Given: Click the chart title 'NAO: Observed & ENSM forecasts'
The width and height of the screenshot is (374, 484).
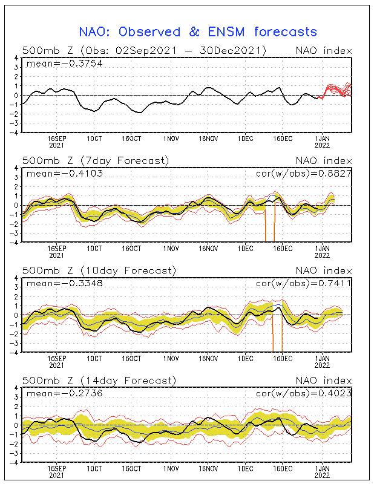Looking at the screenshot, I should click(198, 31).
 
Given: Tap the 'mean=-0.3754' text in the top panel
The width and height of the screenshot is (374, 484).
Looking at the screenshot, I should click(56, 64).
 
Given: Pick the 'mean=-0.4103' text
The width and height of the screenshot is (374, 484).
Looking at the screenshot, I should click(56, 174).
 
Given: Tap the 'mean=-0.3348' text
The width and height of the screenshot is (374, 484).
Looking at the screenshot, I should click(56, 283).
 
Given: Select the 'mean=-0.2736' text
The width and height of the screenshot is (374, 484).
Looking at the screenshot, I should click(56, 393).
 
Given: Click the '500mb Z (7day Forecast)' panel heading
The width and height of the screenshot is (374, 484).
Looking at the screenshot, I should click(96, 160).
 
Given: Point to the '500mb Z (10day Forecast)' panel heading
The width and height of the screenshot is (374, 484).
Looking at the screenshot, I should click(99, 270).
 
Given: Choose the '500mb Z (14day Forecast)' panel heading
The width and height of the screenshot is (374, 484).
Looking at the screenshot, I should click(99, 381).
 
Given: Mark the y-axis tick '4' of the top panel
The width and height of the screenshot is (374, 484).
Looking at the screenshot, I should click(16, 59).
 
